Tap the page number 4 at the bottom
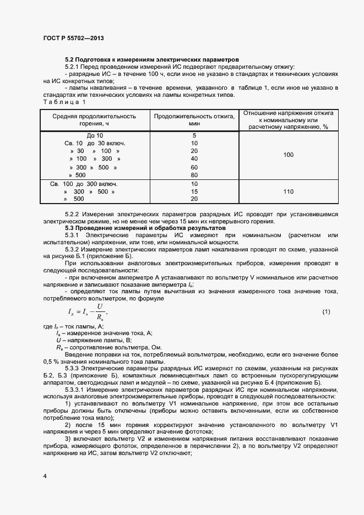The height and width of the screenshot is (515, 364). (45, 474)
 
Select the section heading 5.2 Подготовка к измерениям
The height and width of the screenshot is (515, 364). (151, 59)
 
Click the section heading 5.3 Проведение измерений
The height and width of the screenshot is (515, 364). (145, 227)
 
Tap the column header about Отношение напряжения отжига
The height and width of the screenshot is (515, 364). (288, 119)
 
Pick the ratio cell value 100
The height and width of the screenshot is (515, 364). (288, 155)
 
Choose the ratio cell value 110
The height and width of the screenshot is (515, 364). (288, 191)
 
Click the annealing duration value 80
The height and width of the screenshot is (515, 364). (194, 175)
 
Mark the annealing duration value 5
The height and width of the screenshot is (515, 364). (194, 135)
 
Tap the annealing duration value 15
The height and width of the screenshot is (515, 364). (194, 191)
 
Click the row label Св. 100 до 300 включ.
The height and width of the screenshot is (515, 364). (84, 184)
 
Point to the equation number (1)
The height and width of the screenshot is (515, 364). (326, 312)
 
